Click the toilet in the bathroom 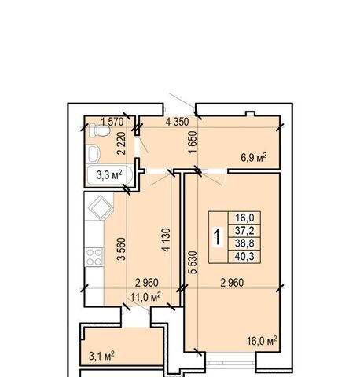click(x=99, y=130)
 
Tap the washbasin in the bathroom click(x=94, y=154)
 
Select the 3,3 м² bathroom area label click(x=109, y=174)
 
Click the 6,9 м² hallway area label click(x=254, y=158)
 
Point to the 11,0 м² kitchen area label click(x=145, y=297)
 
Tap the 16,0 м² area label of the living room click(x=262, y=341)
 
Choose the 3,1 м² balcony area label click(x=101, y=356)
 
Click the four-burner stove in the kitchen click(x=94, y=257)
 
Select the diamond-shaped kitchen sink click(x=101, y=207)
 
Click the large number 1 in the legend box click(x=218, y=237)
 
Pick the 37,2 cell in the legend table click(x=244, y=231)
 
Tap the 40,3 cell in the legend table click(x=244, y=256)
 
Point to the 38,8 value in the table click(x=244, y=243)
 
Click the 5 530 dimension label click(x=193, y=262)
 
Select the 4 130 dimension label click(x=166, y=240)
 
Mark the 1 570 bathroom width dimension click(x=112, y=122)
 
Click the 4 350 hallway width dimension click(x=177, y=122)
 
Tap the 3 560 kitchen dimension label click(x=121, y=249)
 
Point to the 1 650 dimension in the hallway click(x=193, y=142)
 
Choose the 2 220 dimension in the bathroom click(x=121, y=143)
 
